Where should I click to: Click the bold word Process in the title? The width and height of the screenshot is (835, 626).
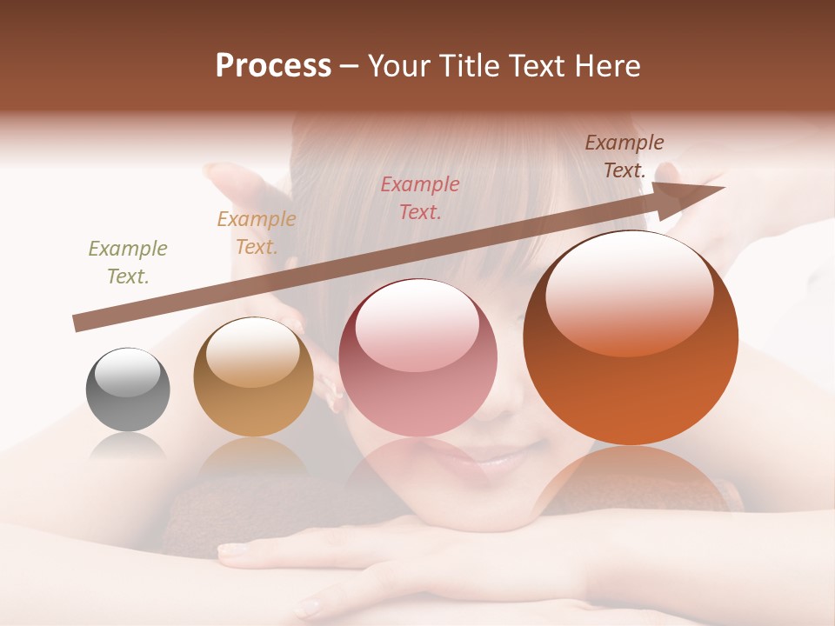[273, 66]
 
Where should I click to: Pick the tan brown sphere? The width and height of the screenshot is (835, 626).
[253, 377]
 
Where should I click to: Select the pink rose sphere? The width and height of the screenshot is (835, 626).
[417, 358]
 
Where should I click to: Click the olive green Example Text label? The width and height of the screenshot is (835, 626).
[128, 263]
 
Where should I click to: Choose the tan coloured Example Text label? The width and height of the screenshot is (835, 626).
[257, 233]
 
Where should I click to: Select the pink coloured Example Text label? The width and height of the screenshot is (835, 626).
[420, 197]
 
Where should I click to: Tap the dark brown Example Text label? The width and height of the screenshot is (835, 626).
[624, 156]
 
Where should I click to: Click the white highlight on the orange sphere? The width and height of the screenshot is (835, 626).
[630, 291]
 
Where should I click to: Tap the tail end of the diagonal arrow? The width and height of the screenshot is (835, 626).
[80, 323]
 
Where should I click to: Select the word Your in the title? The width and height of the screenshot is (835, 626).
[397, 66]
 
